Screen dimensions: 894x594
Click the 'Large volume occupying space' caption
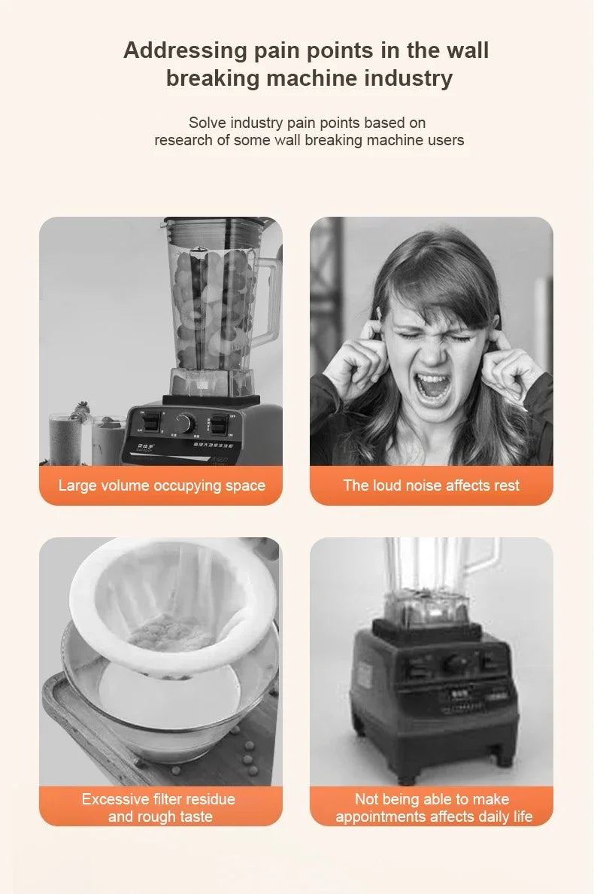pyautogui.click(x=162, y=485)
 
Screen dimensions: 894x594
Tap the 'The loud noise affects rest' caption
pyautogui.click(x=431, y=485)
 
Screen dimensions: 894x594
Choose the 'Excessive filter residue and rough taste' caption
pyautogui.click(x=159, y=807)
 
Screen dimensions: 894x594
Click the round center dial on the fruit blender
pyautogui.click(x=184, y=423)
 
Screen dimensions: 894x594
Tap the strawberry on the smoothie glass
pyautogui.click(x=80, y=410)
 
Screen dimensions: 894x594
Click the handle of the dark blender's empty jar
pyautogui.click(x=486, y=561)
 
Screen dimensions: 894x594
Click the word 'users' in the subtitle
pyautogui.click(x=446, y=140)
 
